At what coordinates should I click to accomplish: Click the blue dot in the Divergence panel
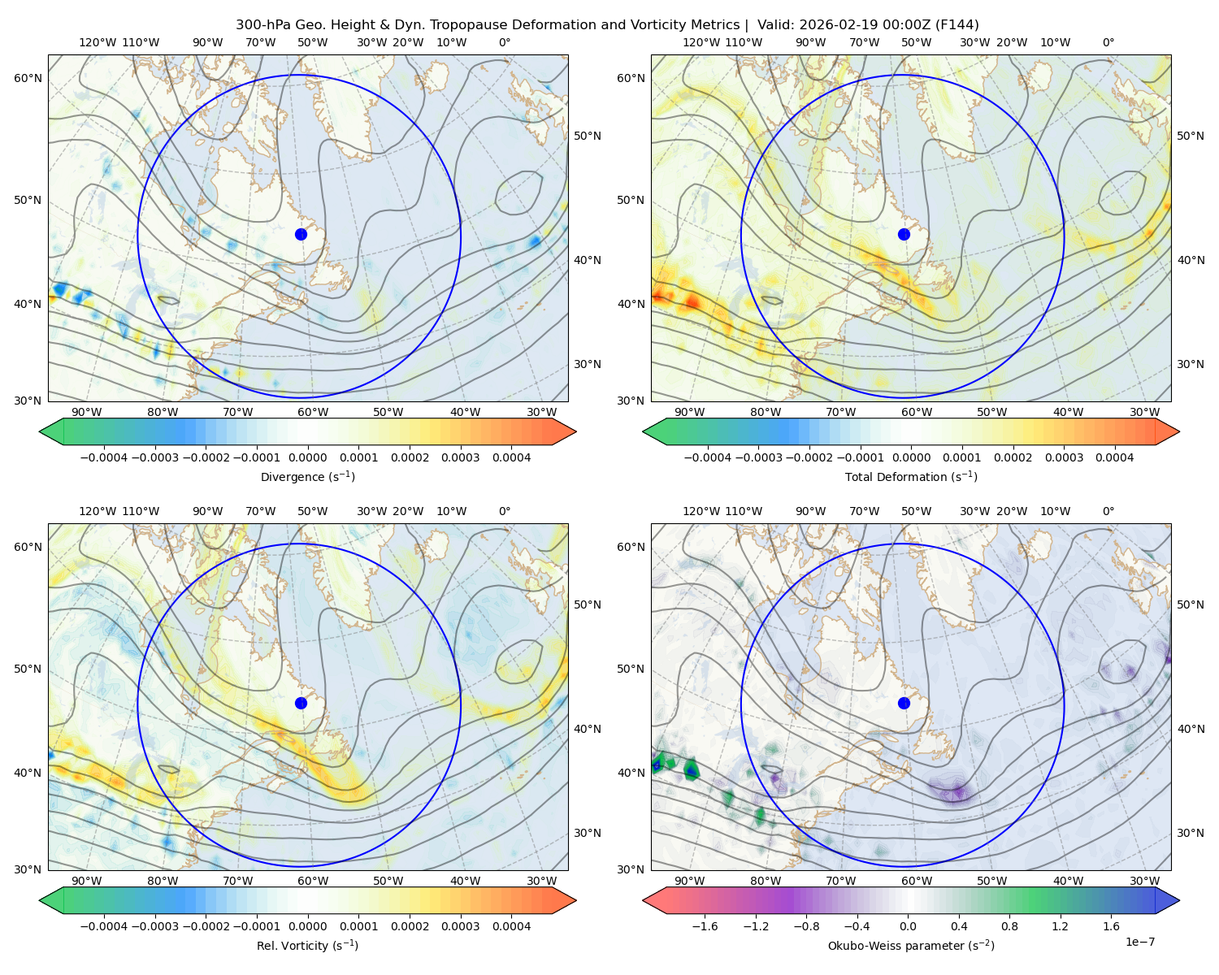click(301, 234)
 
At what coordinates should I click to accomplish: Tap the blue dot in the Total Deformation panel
click(904, 234)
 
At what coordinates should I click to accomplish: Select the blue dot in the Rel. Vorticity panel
click(301, 703)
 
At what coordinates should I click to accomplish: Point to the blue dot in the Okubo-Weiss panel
click(904, 703)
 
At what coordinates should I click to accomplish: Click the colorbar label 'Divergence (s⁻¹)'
click(307, 476)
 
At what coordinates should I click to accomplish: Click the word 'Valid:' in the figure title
click(774, 25)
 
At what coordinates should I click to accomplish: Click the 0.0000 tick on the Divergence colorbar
click(307, 457)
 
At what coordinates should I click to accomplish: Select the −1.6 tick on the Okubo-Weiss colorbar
click(705, 926)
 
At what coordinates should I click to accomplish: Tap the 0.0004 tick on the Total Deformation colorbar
click(1114, 457)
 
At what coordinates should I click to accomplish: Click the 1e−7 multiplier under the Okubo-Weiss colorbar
click(1139, 942)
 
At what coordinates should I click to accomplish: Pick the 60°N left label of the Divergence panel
click(28, 78)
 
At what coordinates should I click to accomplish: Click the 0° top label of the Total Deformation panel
click(1108, 42)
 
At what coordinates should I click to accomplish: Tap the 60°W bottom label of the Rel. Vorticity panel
click(313, 881)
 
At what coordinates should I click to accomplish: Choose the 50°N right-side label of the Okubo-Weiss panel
click(1190, 604)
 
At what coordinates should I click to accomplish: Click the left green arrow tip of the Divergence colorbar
click(40, 431)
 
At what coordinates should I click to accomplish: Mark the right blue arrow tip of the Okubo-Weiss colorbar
click(1179, 900)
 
